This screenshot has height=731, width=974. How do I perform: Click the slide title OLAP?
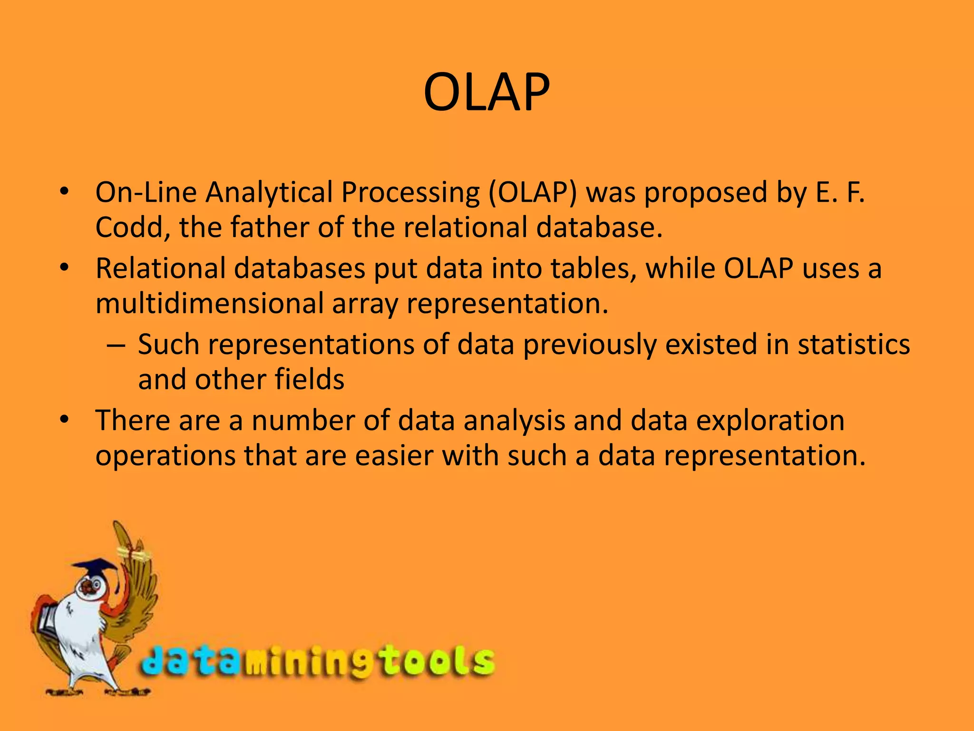click(486, 92)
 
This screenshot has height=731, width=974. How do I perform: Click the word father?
click(270, 227)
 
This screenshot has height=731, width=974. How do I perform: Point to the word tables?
click(594, 268)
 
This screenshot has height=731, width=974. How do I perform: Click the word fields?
click(309, 380)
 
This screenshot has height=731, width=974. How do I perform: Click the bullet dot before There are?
click(65, 420)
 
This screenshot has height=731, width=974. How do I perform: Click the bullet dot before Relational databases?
click(65, 268)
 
